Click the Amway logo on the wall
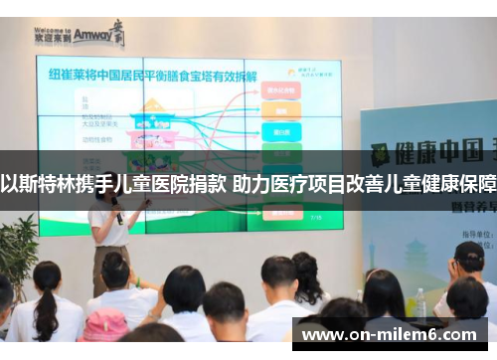(x=80, y=36)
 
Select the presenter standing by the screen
(x=111, y=239)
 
